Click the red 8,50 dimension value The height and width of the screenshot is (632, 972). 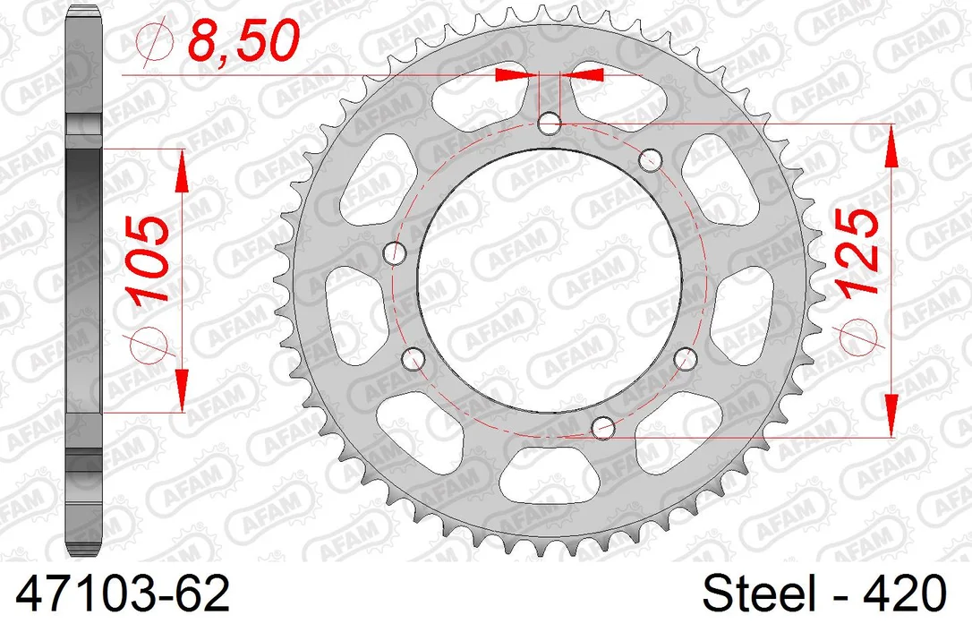(243, 41)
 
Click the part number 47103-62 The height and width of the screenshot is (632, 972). (122, 593)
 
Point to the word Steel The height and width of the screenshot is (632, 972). (759, 593)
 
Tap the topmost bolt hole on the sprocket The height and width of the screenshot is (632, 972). (550, 124)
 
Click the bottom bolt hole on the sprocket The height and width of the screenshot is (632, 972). (603, 427)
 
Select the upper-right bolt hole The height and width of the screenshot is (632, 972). (649, 160)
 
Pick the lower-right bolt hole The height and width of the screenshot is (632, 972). (685, 359)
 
